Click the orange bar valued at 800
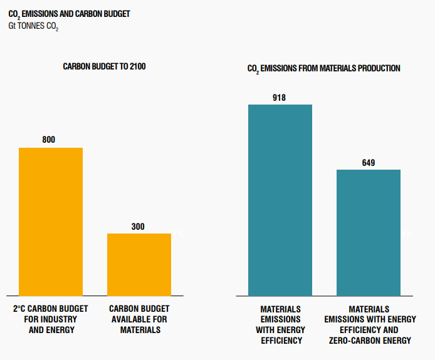(51, 222)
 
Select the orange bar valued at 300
(139, 264)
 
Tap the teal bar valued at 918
(280, 200)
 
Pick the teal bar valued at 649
(369, 232)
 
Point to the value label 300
(138, 226)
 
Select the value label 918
(280, 97)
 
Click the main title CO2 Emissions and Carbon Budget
(69, 14)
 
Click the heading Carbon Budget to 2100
(104, 66)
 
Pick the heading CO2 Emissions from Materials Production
(324, 68)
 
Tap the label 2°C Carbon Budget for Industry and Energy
(51, 319)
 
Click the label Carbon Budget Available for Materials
(139, 319)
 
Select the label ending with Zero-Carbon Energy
(369, 325)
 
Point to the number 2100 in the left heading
(137, 66)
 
